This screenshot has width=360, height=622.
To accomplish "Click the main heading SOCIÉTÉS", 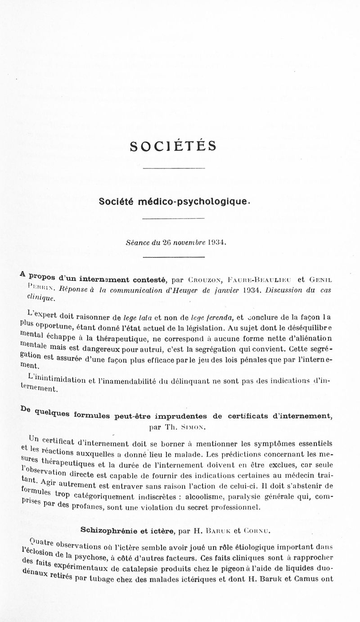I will point(173,146).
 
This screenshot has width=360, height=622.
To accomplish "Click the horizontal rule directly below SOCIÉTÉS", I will point(173,168).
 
